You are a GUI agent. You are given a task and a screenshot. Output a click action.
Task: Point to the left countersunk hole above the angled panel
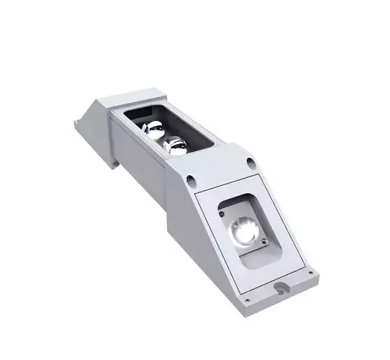[x=191, y=176]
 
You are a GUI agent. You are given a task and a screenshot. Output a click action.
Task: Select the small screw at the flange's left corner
[x=248, y=300]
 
